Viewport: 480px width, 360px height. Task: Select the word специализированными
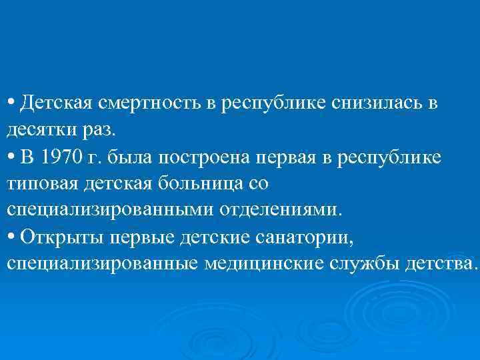(x=109, y=209)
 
